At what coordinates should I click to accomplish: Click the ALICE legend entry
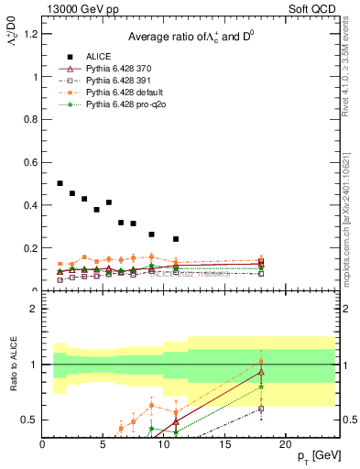pos(100,58)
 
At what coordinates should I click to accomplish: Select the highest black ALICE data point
pos(60,183)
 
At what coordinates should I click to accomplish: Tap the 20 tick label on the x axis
pos(285,444)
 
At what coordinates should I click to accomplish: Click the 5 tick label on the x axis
pos(104,444)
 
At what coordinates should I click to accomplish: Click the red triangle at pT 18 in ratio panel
pos(261,372)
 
